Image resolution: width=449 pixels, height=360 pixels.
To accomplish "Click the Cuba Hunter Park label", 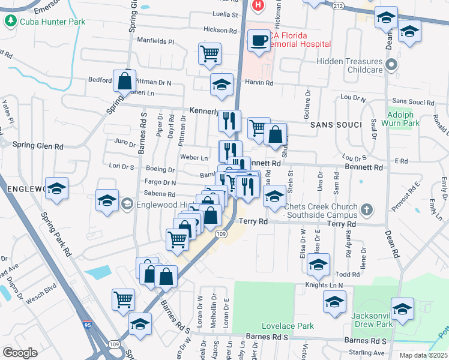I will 52,22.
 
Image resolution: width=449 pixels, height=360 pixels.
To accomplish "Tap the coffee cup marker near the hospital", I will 259,41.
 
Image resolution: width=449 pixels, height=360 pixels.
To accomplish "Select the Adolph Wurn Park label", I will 403,118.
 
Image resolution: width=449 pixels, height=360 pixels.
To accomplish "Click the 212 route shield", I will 338,6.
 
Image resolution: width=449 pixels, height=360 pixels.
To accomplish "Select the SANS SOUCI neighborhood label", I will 336,124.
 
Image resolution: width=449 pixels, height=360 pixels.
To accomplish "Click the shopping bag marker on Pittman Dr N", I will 124,81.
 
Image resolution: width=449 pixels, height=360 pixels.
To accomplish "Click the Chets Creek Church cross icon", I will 367,211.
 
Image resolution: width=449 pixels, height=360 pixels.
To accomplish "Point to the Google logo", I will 19,353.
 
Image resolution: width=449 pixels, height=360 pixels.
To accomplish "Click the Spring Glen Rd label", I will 38,146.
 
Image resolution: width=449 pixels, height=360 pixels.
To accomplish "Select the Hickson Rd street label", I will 220,30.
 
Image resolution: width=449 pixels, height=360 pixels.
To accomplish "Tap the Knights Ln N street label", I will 324,285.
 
